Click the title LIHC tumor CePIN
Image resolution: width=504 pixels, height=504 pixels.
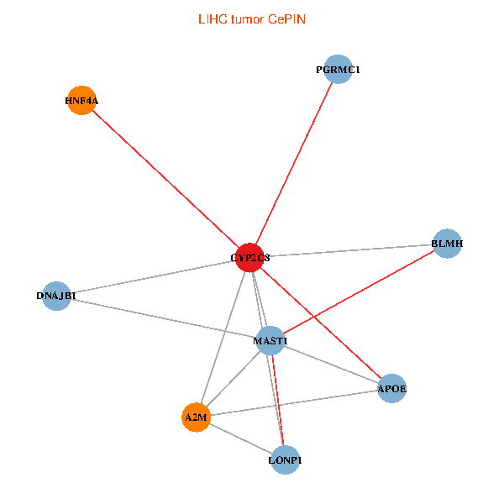coord(251,18)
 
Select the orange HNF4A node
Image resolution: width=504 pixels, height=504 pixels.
coord(81,101)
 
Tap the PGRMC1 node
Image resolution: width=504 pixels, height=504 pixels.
coord(338,70)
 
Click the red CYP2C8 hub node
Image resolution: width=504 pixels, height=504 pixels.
coord(250,257)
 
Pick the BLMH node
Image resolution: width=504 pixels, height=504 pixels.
coord(447,244)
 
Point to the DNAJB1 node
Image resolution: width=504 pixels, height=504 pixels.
coord(56,296)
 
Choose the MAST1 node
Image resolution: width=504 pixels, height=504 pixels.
coord(270,341)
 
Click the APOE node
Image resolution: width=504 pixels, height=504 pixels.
coord(392,388)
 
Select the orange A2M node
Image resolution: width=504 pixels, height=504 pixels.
coord(196,417)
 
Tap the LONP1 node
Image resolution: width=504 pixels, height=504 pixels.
coord(286,460)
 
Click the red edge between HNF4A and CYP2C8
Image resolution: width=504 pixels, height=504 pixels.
coord(165,179)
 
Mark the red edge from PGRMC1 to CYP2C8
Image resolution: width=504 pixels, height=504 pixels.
coord(294,164)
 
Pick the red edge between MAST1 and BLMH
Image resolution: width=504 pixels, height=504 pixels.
coord(359,292)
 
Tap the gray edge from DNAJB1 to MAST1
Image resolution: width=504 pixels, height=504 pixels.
coord(164,318)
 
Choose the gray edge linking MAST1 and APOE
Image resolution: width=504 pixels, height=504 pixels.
coord(332,365)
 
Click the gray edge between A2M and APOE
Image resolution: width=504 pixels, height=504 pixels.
coord(294,402)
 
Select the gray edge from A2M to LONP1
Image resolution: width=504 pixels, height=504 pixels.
coord(240,438)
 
